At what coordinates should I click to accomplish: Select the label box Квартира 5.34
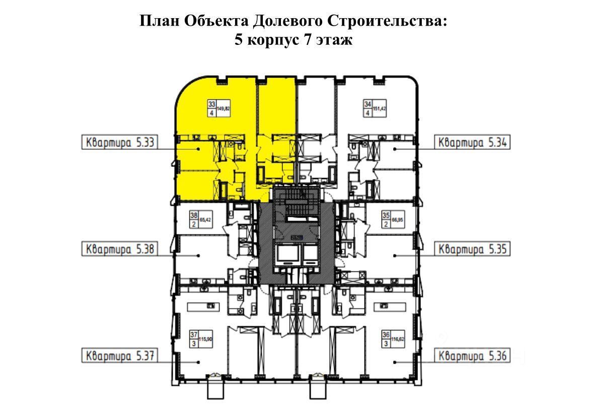pos(472,142)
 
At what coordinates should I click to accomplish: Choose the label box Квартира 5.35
pos(472,249)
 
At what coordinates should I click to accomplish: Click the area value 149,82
pos(223,108)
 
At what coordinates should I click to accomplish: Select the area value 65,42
pos(205,220)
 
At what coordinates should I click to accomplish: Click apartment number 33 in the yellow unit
pos(211,104)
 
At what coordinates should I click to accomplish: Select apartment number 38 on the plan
pos(194,216)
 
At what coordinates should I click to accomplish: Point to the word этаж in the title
pos(335,40)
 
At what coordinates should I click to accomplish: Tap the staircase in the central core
pos(297,207)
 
